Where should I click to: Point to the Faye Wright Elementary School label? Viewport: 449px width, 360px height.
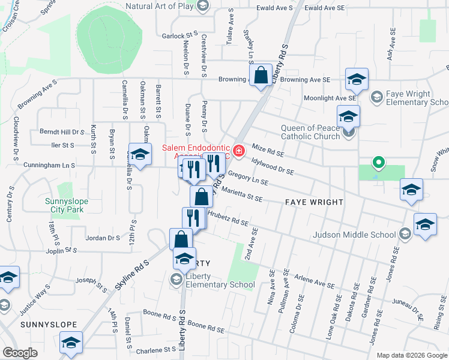pyautogui.click(x=412, y=98)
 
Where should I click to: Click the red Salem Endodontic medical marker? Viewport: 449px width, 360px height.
pyautogui.click(x=239, y=151)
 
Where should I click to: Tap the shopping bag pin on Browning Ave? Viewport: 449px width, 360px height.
pyautogui.click(x=261, y=77)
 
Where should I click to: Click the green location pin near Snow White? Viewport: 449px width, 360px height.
pyautogui.click(x=378, y=162)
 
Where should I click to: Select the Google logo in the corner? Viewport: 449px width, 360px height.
pyautogui.click(x=20, y=353)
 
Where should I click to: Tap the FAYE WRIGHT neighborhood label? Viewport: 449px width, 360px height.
pyautogui.click(x=313, y=203)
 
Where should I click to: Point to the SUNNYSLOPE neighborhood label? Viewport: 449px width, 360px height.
pyautogui.click(x=49, y=325)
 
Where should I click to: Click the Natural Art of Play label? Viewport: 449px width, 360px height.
pyautogui.click(x=159, y=6)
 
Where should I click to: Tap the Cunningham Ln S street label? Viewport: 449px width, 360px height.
pyautogui.click(x=49, y=164)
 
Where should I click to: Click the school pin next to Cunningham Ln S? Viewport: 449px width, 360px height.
pyautogui.click(x=140, y=155)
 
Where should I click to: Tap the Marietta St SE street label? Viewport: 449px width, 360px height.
pyautogui.click(x=243, y=194)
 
